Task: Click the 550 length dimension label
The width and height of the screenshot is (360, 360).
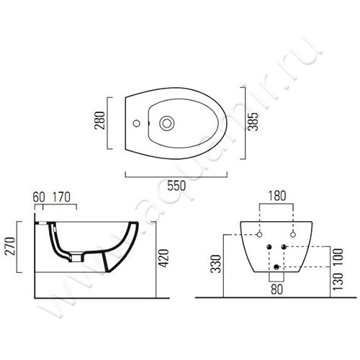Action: click(176, 186)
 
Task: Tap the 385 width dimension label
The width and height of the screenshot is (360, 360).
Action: click(253, 122)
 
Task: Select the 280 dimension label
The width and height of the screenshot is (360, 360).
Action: click(100, 121)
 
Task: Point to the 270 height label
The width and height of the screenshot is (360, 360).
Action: click(10, 246)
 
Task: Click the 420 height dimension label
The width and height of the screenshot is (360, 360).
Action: click(164, 258)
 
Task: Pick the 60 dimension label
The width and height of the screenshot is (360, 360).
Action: click(39, 197)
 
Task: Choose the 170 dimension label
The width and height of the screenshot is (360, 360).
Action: click(61, 197)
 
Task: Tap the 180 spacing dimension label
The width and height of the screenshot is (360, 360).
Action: click(277, 196)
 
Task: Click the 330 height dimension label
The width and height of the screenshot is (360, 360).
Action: click(215, 264)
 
